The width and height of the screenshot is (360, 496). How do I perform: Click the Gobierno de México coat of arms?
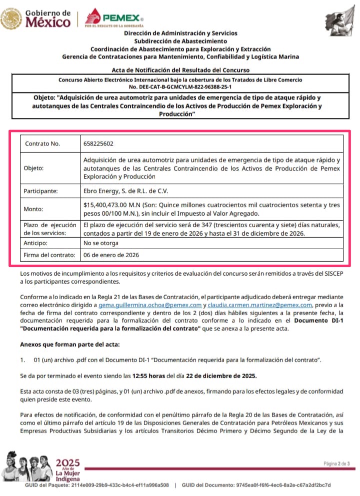10,19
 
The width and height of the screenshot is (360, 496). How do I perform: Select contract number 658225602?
99,143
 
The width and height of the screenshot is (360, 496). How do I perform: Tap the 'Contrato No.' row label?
42,143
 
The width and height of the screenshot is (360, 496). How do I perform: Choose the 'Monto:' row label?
34,209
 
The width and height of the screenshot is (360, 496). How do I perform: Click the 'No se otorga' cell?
101,243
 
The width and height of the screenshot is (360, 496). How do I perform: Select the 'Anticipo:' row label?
37,243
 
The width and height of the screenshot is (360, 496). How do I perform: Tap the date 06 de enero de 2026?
111,255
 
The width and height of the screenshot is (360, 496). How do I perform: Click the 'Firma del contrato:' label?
49,255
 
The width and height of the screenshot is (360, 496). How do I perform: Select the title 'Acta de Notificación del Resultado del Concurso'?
180,70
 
